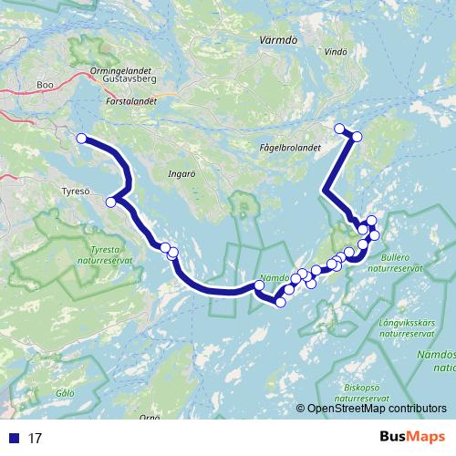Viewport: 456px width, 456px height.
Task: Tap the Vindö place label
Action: coord(336,52)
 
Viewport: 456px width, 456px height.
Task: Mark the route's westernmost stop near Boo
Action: coord(81,138)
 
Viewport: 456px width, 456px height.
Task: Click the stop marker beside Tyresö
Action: coord(111,202)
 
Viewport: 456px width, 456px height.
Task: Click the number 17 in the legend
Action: coord(35,438)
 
